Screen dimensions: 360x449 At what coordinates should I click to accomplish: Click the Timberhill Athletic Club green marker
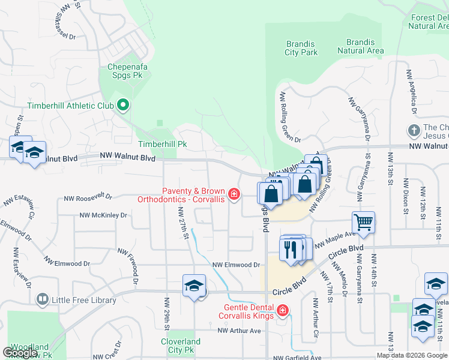tap(124, 106)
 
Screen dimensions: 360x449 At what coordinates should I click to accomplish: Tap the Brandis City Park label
tap(301, 48)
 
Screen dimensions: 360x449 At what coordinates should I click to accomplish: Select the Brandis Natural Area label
tap(360, 47)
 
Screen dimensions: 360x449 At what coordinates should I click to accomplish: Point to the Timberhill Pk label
tap(163, 145)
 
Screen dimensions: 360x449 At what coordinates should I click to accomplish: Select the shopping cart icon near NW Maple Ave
tap(364, 222)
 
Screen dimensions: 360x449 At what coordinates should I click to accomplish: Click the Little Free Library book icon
tap(42, 298)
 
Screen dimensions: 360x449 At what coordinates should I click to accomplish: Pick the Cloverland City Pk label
tap(181, 345)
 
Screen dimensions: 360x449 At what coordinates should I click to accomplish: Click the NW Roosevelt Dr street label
tap(89, 196)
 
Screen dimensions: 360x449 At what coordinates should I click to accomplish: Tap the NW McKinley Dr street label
tap(103, 215)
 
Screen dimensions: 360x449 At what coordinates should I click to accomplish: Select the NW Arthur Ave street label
tap(239, 331)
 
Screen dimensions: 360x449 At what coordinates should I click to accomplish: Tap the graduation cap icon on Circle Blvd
tap(194, 286)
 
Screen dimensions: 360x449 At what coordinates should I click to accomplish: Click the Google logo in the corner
tap(20, 353)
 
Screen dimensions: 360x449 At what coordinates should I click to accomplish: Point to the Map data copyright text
tap(411, 355)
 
